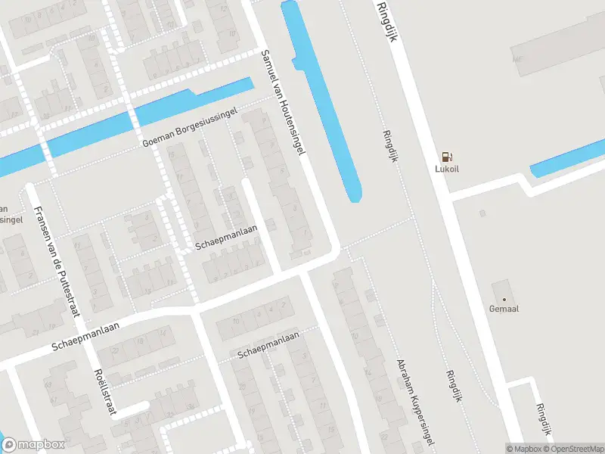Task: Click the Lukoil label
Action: [447, 170]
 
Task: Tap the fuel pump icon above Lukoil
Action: [447, 157]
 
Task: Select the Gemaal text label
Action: [504, 309]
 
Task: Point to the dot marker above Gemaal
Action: [504, 299]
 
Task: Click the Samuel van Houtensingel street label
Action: [283, 102]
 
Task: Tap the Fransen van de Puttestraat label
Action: [47, 231]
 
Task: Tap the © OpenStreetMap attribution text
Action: [572, 449]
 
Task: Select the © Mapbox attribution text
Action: [525, 449]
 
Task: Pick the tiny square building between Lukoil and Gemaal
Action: [482, 213]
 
